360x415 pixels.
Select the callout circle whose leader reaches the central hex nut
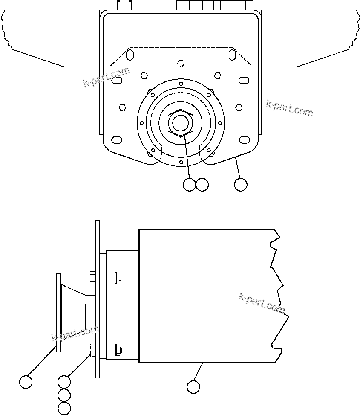189,185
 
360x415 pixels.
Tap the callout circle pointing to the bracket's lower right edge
241,185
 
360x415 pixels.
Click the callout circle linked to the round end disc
26,382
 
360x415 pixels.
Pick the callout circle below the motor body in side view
193,386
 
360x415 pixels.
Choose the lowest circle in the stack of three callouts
64,408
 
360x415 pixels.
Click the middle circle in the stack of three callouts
64,395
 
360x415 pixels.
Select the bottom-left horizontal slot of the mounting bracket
116,140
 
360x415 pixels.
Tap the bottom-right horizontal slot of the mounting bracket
244,140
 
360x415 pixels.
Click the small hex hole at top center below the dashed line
181,63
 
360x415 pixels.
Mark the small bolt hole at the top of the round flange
181,84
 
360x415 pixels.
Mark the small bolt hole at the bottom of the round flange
181,163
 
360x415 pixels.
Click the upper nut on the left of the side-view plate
92,278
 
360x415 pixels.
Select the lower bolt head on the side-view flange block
118,350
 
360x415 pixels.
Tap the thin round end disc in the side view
59,313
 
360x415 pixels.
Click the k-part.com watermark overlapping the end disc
75,334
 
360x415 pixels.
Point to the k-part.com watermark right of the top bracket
289,108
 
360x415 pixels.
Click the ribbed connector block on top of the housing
215,5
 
